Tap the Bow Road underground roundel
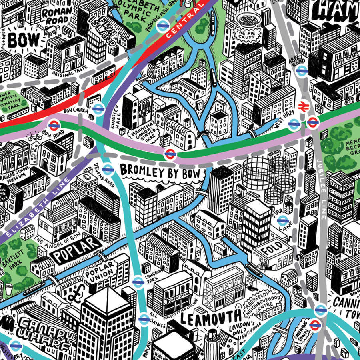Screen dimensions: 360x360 54,125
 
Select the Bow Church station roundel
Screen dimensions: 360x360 98,108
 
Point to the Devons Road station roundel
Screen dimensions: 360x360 107,169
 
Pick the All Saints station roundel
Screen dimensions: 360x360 144,319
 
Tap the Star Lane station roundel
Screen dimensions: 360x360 282,220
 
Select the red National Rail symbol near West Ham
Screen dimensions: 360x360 303,106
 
